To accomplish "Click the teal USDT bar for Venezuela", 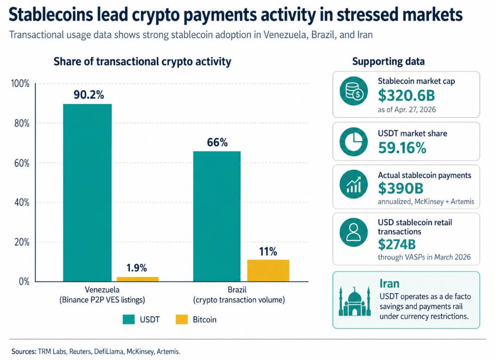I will [x=87, y=192].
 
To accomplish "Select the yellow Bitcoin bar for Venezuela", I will [x=137, y=279].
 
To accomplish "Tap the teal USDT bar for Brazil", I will [x=217, y=216].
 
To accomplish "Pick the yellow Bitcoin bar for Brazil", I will [x=268, y=270].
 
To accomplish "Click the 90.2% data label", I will [x=88, y=95].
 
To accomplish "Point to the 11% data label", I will [x=268, y=251].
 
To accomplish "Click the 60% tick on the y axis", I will [x=20, y=163].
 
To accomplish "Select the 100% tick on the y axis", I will [x=19, y=84].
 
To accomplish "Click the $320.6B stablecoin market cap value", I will [x=407, y=96].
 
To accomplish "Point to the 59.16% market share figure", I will [x=402, y=147].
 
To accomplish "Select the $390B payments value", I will [x=400, y=188].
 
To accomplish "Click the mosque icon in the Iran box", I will [x=354, y=301].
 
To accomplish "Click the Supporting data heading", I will [x=388, y=62].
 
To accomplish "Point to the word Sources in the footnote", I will [x=23, y=351].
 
